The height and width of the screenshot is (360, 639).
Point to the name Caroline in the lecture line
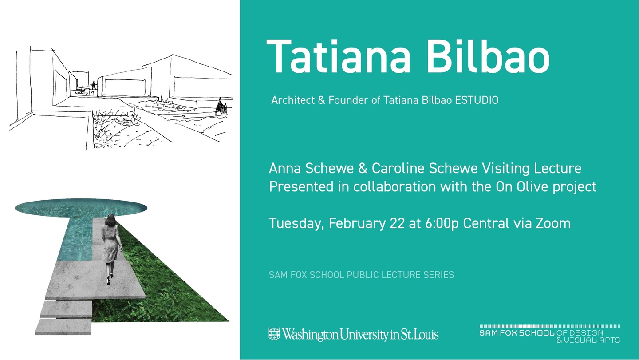pos(398,168)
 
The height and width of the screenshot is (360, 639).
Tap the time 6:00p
pos(442,224)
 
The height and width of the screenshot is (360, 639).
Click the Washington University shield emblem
pos(274,334)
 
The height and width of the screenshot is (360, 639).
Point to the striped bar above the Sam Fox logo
pos(550,326)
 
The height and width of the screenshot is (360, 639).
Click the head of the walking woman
pos(111,220)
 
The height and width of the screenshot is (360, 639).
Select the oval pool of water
pos(81,207)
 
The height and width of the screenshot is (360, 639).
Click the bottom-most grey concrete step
pos(63,327)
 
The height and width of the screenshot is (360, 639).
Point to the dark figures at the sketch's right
pos(221,107)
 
